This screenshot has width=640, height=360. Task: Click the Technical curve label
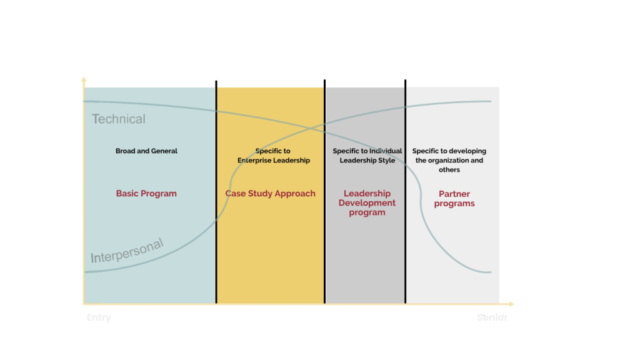click(x=118, y=119)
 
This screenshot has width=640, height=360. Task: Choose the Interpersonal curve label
click(x=127, y=250)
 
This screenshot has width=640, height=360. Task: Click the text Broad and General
click(x=146, y=151)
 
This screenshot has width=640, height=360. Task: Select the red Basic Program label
click(x=146, y=194)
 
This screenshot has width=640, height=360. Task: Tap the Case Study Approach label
click(x=270, y=194)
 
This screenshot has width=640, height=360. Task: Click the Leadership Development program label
click(x=367, y=203)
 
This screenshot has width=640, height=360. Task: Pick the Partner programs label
click(x=454, y=199)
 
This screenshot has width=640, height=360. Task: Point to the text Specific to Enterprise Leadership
click(x=273, y=156)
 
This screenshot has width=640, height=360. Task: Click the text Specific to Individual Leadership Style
click(x=367, y=156)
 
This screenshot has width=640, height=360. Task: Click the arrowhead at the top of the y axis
click(x=84, y=79)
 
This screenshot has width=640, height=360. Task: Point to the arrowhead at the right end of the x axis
click(x=511, y=304)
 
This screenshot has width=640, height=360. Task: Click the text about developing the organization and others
click(x=449, y=161)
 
